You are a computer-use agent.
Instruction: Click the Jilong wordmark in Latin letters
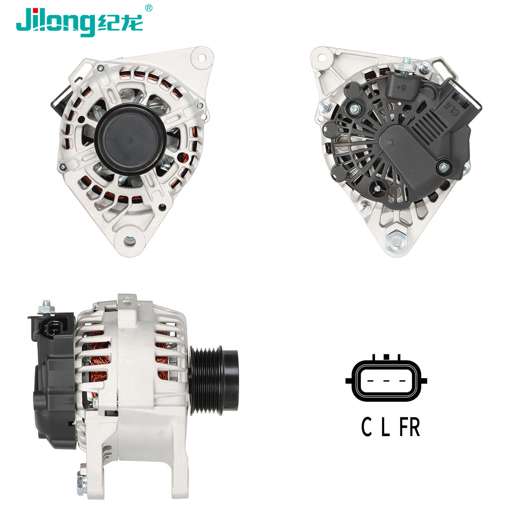coord(55,21)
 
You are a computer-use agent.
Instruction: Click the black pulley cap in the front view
coord(130,138)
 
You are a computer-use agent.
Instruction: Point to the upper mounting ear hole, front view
coord(202,57)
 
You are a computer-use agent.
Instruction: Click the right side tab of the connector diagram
coord(422,380)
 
